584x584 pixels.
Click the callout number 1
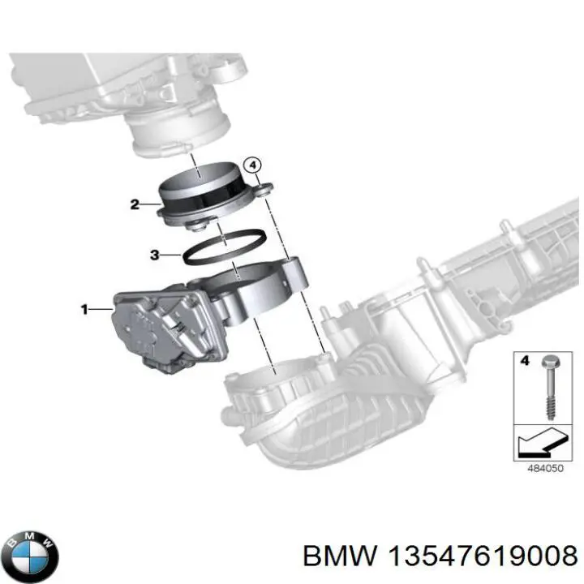(84, 308)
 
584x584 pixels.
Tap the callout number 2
(134, 204)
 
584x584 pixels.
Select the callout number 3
(153, 255)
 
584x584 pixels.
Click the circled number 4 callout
(254, 165)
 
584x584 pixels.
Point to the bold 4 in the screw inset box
(524, 362)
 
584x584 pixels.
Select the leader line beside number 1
(101, 308)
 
